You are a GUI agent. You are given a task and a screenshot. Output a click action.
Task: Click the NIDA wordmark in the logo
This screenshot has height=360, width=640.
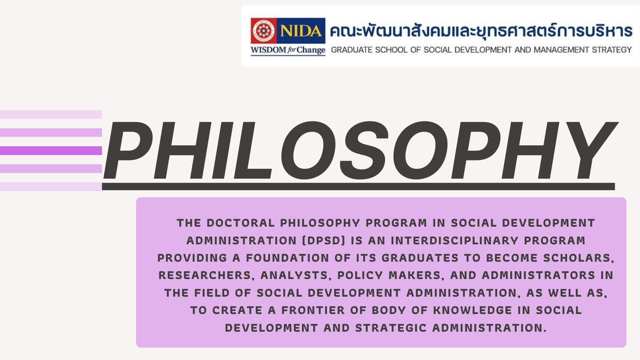click(x=301, y=31)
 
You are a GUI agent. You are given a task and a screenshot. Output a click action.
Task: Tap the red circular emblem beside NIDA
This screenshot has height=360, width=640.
click(x=264, y=31)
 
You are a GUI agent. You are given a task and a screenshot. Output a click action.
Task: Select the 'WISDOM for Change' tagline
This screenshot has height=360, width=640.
click(x=288, y=50)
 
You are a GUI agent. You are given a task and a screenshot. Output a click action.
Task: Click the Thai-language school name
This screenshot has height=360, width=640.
click(x=481, y=31)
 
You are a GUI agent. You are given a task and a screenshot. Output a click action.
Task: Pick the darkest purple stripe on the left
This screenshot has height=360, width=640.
click(x=51, y=151)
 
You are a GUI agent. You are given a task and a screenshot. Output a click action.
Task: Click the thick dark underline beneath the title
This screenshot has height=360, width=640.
click(x=358, y=186)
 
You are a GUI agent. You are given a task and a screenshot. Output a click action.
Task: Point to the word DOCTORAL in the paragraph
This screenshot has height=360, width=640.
click(x=241, y=223)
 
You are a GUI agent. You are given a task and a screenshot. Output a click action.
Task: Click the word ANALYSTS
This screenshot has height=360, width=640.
click(x=296, y=275)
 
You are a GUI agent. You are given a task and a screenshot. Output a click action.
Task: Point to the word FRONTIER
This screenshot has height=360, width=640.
click(x=313, y=310)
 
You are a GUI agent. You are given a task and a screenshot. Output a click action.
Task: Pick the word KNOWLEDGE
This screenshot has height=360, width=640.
click(x=473, y=310)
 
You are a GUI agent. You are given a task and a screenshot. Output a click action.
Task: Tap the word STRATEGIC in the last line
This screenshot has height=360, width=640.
click(x=391, y=328)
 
